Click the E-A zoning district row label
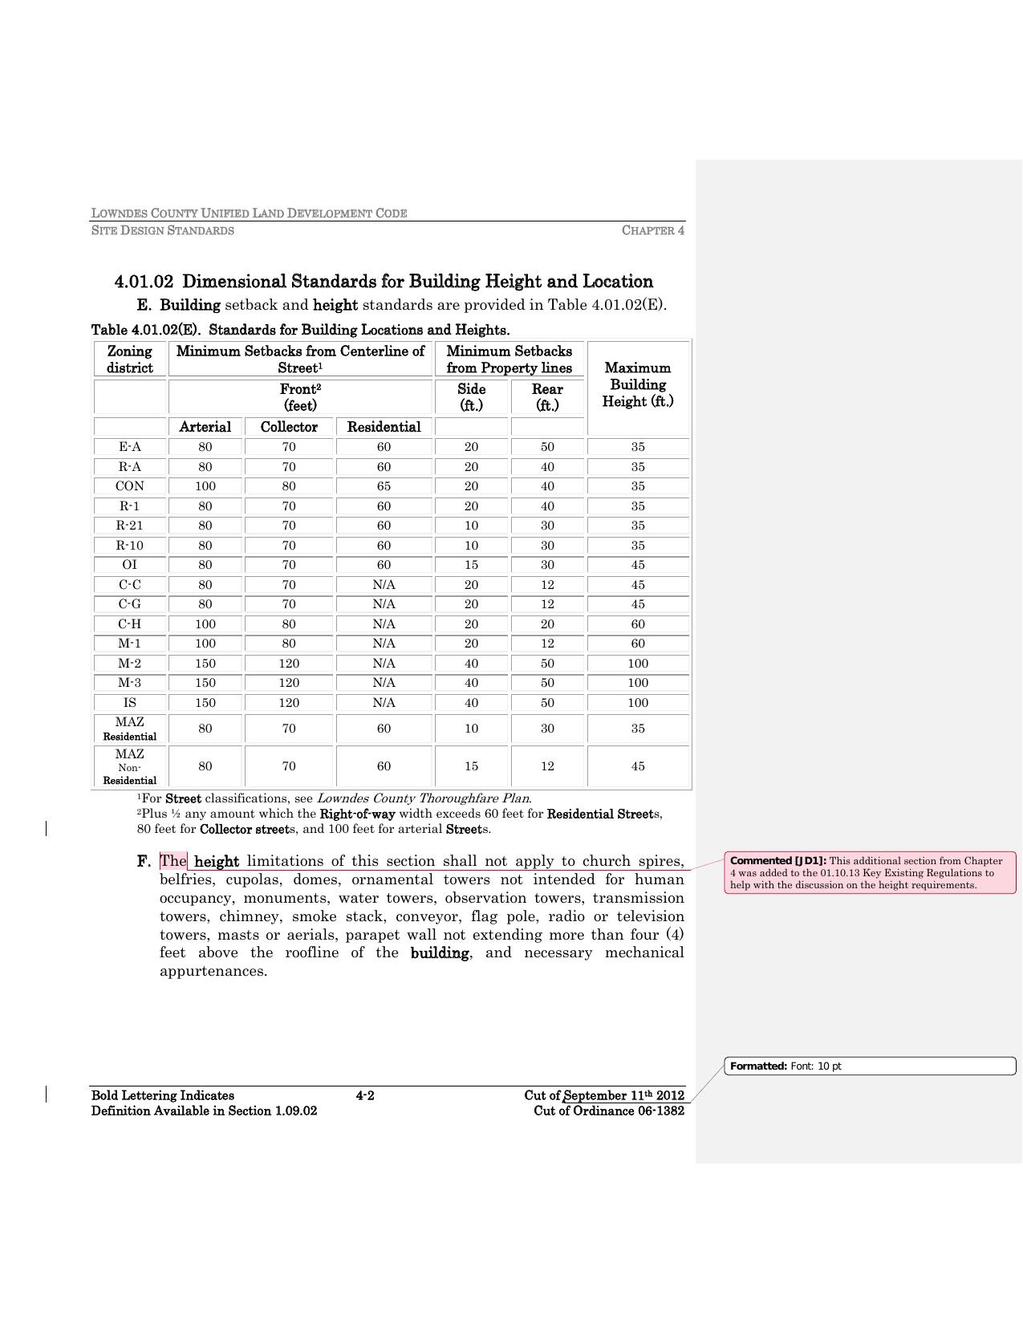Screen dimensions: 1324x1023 point(129,447)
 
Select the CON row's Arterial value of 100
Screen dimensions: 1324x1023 point(205,486)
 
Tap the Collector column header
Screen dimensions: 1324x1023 point(289,427)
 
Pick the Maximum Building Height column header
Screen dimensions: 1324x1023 point(638,384)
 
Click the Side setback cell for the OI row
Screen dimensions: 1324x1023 point(471,565)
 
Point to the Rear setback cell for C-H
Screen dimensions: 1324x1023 point(547,624)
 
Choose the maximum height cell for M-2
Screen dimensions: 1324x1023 point(638,664)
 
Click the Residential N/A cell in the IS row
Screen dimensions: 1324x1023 point(384,703)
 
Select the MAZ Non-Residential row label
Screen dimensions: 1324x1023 point(129,766)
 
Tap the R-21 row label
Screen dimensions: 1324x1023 point(129,526)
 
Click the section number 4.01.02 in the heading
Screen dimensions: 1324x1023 point(144,282)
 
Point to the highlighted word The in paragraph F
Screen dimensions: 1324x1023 point(173,862)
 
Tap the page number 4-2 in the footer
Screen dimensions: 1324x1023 point(365,1096)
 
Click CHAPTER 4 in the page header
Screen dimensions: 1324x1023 point(653,231)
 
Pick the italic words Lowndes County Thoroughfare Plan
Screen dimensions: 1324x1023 point(424,798)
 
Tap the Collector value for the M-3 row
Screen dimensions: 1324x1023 point(289,683)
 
